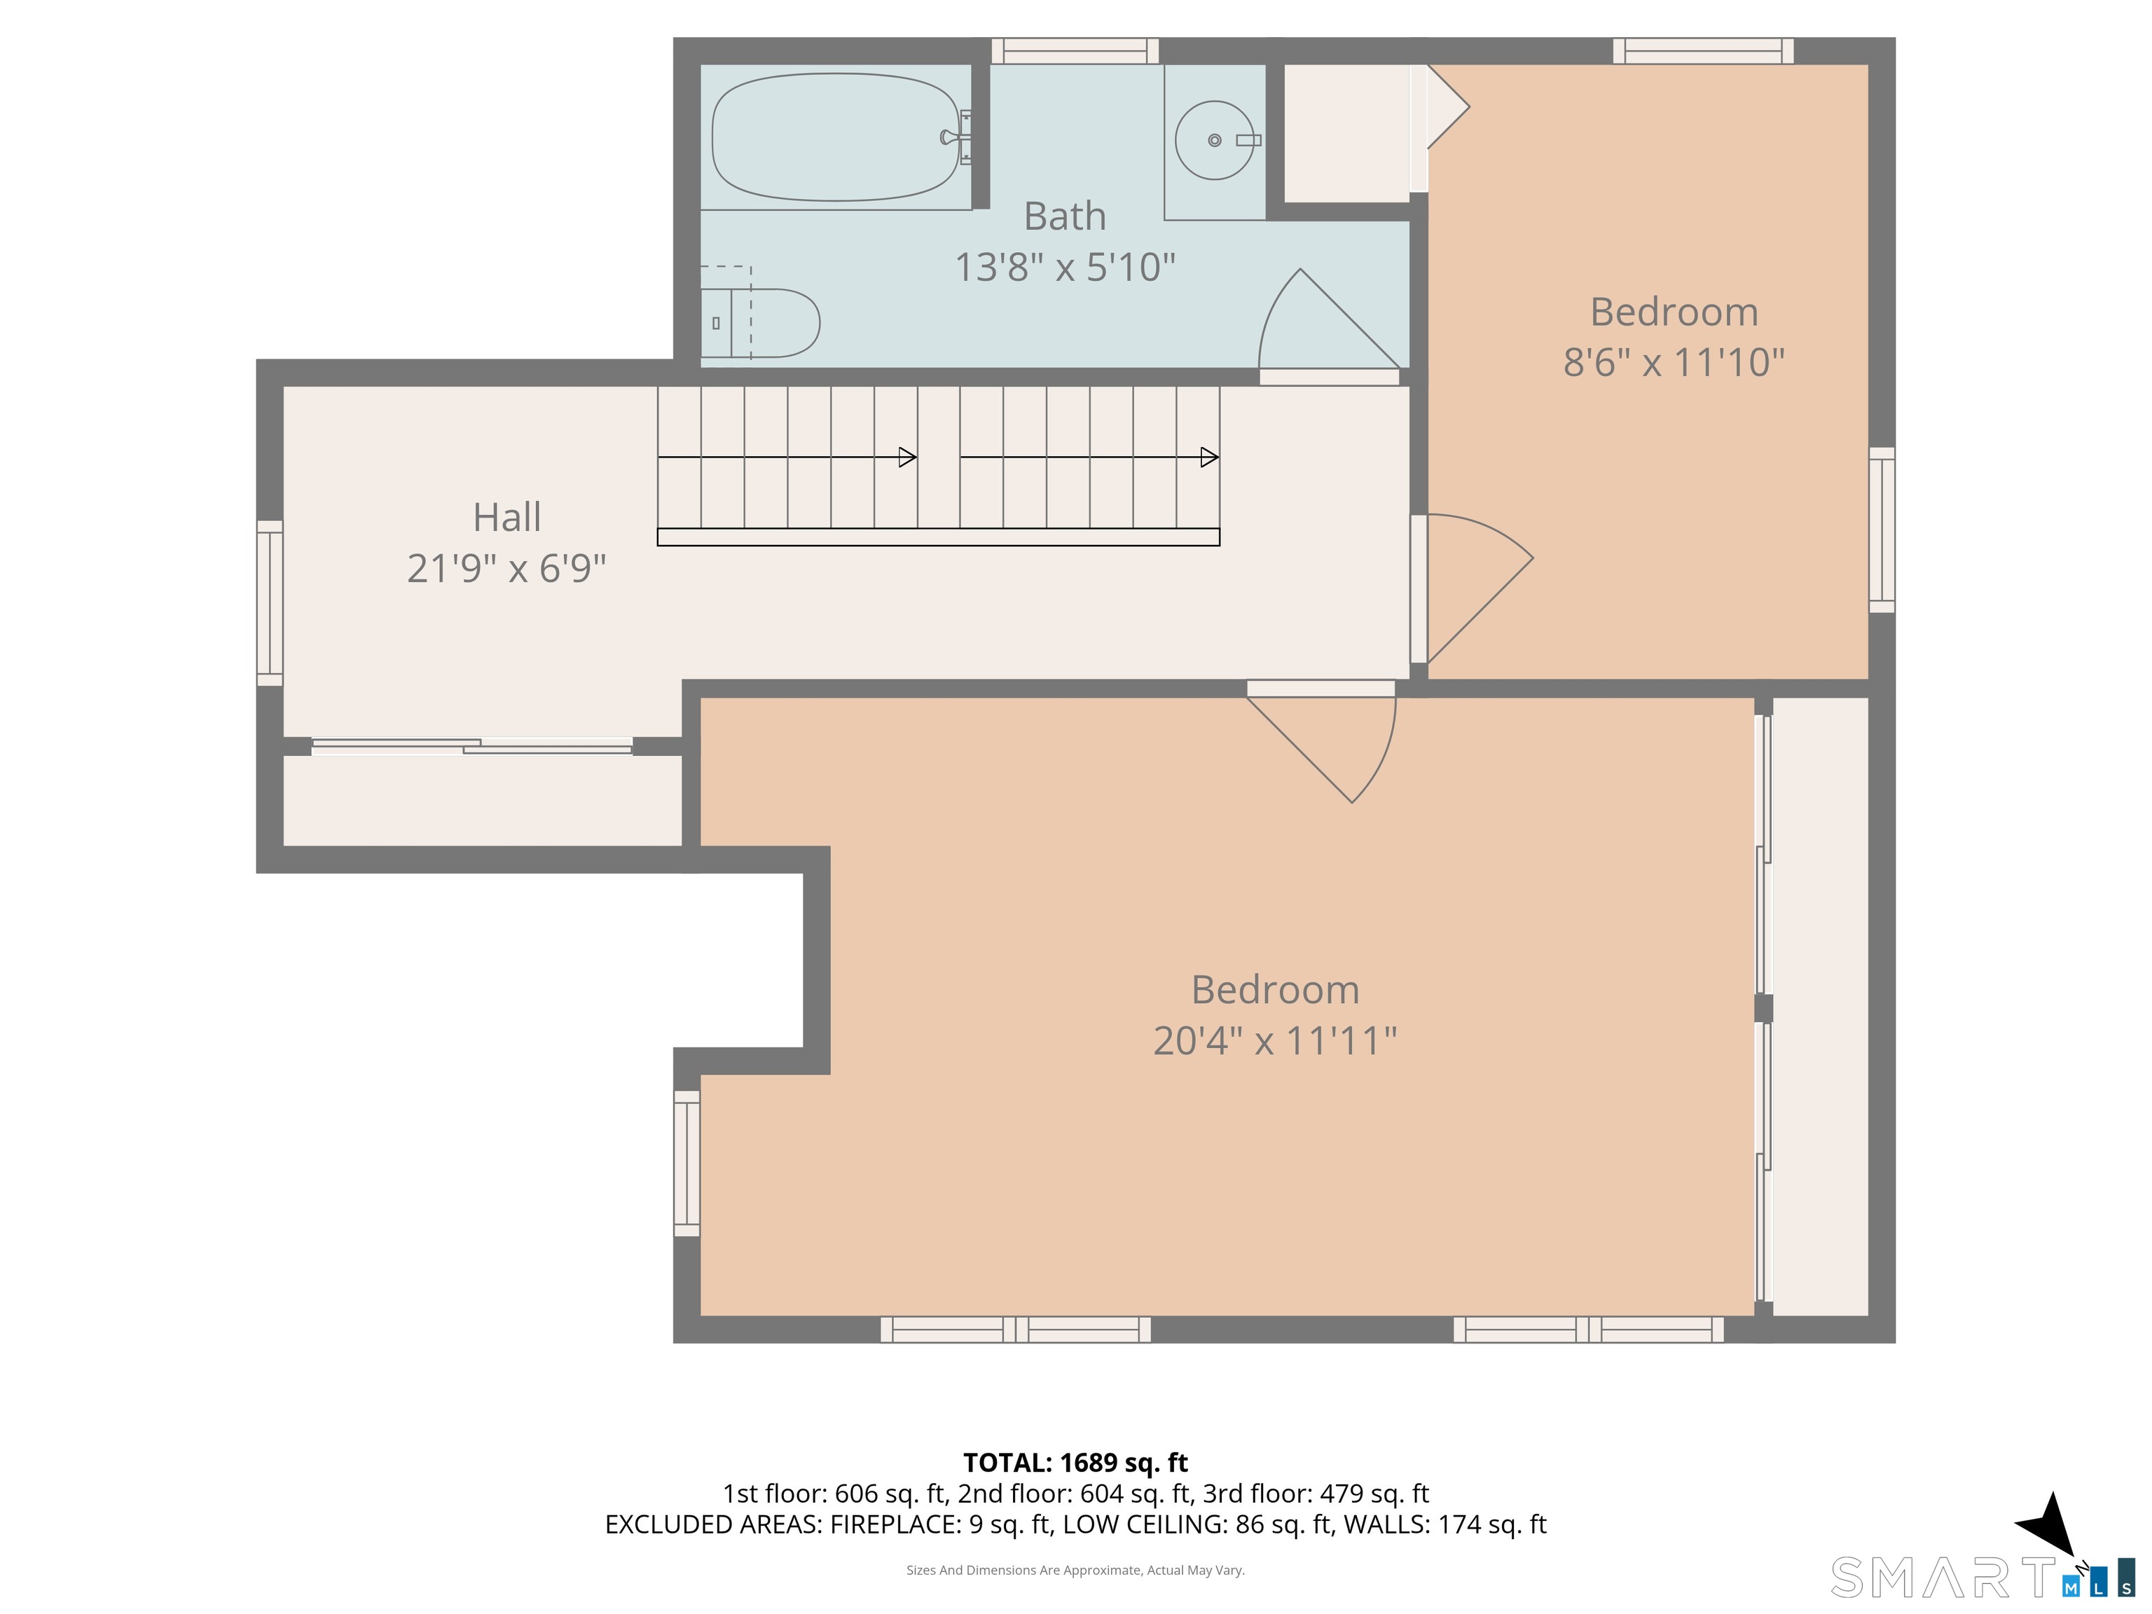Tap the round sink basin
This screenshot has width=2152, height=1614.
click(1214, 140)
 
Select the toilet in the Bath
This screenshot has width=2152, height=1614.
click(760, 322)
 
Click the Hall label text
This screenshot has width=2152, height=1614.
click(507, 516)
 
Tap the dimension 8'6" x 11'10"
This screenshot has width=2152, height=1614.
click(1674, 362)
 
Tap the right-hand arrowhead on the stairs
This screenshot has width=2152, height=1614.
click(1209, 456)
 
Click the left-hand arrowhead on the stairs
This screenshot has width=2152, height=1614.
click(906, 456)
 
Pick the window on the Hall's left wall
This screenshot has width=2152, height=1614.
click(270, 603)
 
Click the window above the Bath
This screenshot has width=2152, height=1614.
click(1075, 50)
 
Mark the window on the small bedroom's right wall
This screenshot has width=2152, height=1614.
click(1882, 530)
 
